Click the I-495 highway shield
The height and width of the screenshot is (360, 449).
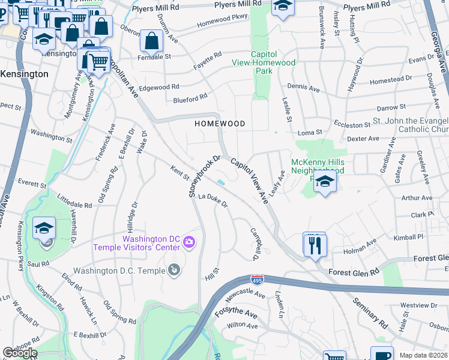coord(256,279)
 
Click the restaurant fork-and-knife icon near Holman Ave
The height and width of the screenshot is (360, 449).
coord(315,245)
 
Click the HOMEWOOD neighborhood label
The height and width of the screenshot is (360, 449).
coord(220,123)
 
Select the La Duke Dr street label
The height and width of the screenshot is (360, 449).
coord(214,200)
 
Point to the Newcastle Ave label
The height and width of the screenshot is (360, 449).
coord(244,295)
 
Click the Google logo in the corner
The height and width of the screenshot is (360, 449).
coord(20,353)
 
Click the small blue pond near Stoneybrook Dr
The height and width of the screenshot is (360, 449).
coord(221,182)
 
